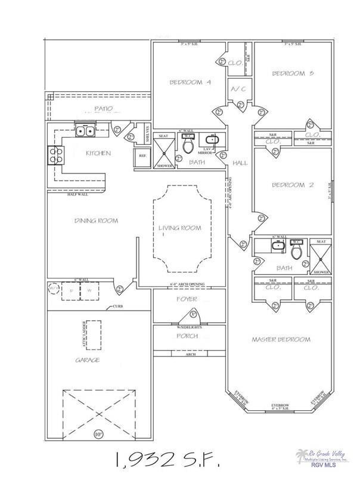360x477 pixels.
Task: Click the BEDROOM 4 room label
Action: click(190, 82)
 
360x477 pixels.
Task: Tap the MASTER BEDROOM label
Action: click(281, 339)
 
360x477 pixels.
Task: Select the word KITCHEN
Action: click(98, 153)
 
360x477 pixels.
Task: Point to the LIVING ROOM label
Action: click(179, 228)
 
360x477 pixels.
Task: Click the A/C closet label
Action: click(240, 89)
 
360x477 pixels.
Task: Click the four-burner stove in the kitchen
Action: click(56, 156)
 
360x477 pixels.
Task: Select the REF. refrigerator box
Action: click(142, 156)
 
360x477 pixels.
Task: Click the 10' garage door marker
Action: click(98, 433)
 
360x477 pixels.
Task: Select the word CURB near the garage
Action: click(117, 307)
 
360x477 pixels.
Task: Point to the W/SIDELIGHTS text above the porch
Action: click(190, 326)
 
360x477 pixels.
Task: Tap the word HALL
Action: click(240, 162)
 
